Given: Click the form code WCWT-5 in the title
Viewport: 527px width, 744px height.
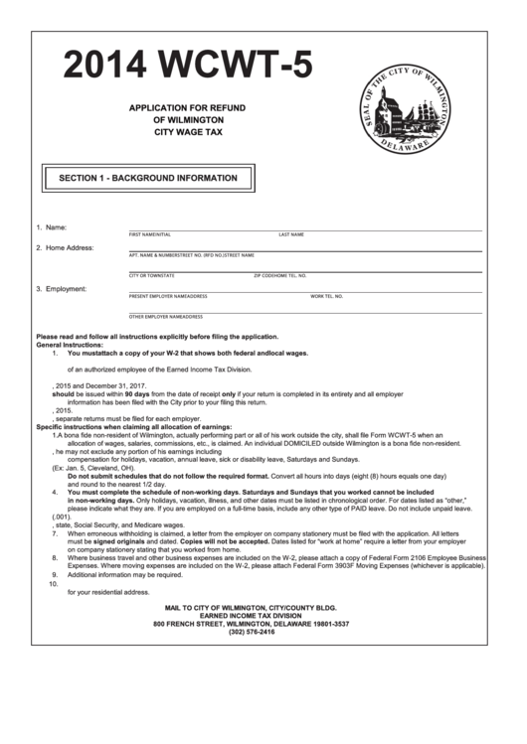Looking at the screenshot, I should pos(240,66).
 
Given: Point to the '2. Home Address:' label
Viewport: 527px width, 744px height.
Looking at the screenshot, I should pos(65,247).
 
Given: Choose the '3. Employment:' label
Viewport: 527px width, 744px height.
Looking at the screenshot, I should pos(62,289).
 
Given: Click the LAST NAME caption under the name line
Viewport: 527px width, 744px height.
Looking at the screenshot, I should pos(291,234).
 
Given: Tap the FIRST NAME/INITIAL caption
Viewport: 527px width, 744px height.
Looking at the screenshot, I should pos(150,234).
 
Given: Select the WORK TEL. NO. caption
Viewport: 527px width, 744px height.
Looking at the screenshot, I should pos(326,296).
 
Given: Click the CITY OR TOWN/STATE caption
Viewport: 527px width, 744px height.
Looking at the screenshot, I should pos(152,275).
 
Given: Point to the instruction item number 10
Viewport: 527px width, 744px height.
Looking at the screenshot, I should pos(54,583).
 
